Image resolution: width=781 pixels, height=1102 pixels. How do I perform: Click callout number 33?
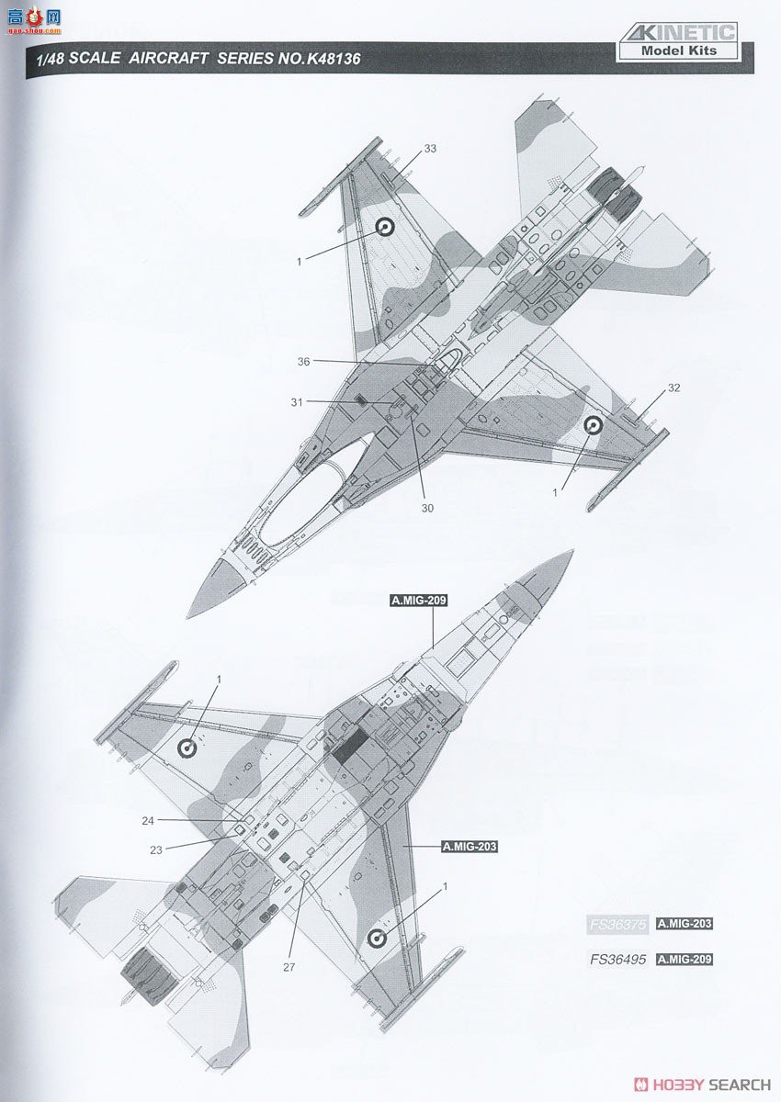point(430,149)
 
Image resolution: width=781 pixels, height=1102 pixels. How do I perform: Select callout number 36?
point(303,361)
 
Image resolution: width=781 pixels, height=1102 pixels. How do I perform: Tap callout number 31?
point(296,401)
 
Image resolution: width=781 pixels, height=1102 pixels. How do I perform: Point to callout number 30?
point(427,508)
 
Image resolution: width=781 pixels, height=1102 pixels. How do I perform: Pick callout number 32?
point(673,388)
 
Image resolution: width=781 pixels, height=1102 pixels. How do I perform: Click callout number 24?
point(148,820)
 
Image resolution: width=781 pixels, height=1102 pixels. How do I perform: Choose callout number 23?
point(155,849)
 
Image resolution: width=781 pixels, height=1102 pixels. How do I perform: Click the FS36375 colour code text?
point(617,924)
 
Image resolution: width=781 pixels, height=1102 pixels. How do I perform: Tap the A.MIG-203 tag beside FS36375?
point(685,924)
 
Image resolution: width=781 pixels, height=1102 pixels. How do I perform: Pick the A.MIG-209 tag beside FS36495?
point(685,960)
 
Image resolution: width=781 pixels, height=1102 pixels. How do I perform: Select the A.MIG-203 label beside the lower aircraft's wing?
point(469,847)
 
